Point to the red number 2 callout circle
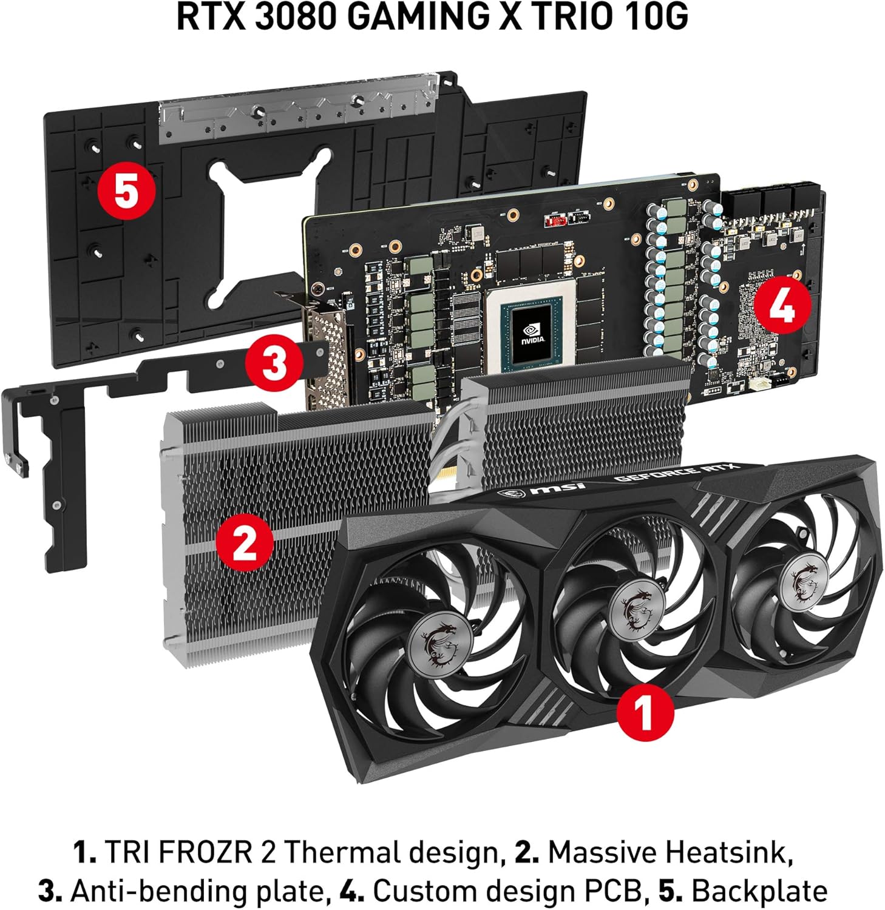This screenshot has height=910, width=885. click(244, 542)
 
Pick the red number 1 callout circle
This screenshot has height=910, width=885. click(645, 712)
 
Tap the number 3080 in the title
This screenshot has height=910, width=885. click(295, 16)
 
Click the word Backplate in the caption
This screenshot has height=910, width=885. click(759, 891)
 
